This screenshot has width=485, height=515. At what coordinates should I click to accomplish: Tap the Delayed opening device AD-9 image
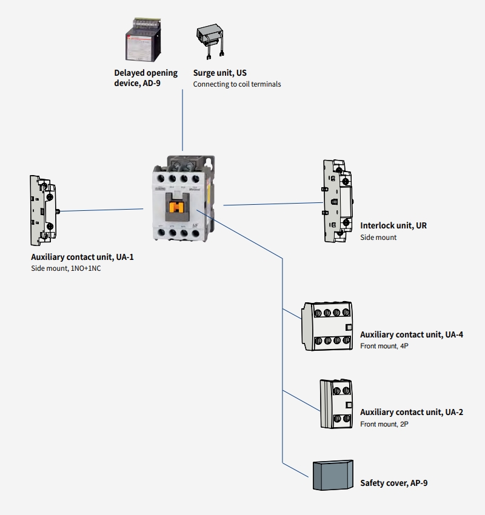coord(142,42)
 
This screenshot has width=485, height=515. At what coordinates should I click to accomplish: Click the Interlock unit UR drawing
coord(336,201)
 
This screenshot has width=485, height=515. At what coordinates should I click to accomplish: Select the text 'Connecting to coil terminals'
coord(237,84)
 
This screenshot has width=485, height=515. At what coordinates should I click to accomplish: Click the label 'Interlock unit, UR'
coord(393,225)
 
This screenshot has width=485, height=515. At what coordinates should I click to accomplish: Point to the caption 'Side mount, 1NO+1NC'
coord(66,268)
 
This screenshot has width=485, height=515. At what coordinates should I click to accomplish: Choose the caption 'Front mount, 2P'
coord(384,424)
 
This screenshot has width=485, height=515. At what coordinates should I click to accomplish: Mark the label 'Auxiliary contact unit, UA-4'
coord(412,334)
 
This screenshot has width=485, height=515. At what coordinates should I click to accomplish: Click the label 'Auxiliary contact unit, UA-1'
coord(82,257)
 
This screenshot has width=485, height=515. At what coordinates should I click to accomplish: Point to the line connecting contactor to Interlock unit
coord(273,204)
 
